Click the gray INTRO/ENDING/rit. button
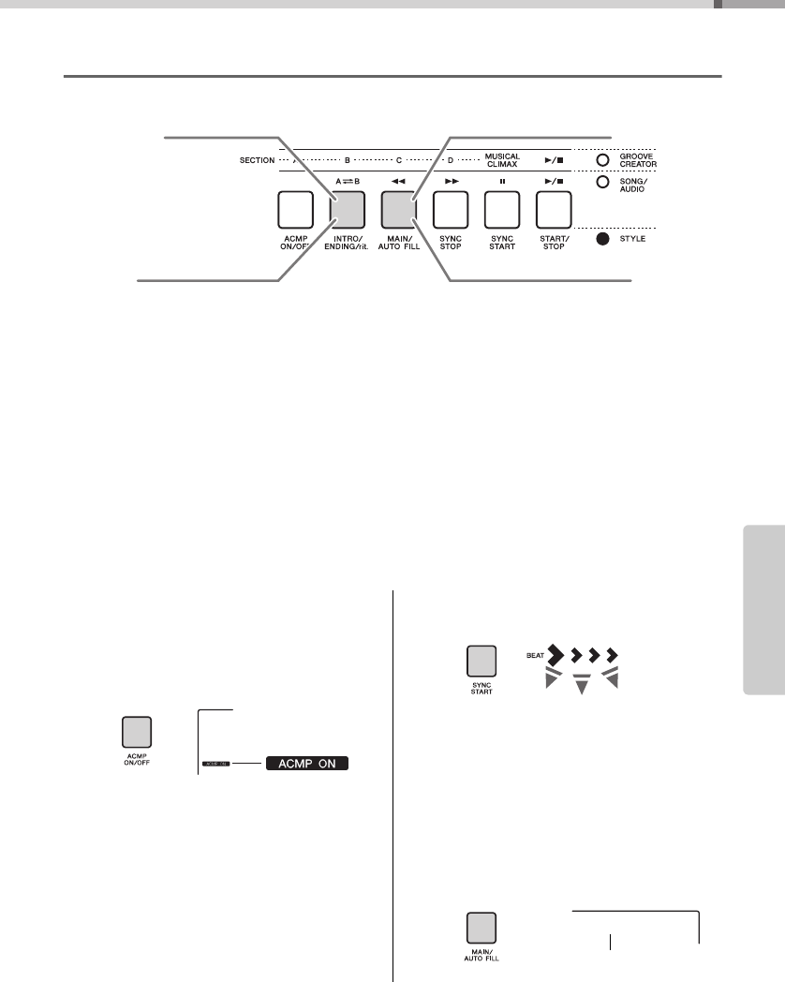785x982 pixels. (347, 211)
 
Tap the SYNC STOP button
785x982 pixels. (450, 211)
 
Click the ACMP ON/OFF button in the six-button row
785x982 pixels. (295, 211)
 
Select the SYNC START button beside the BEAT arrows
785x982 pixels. (481, 662)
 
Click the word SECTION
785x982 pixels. (257, 160)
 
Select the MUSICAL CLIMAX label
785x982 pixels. (501, 160)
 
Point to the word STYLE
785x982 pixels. (632, 239)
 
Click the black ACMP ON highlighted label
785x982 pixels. (307, 765)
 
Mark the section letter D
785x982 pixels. (450, 160)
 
